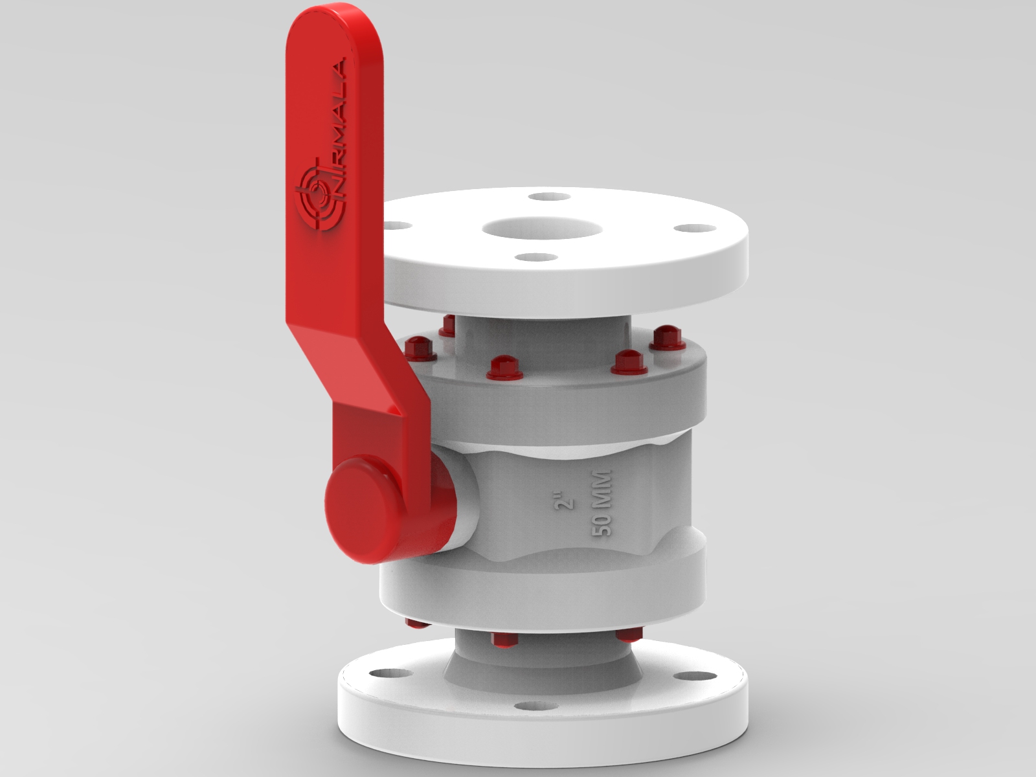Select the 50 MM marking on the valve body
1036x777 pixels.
[x=602, y=502]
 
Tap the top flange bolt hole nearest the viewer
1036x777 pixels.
[x=538, y=258]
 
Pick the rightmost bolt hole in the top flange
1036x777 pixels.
[x=694, y=229]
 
